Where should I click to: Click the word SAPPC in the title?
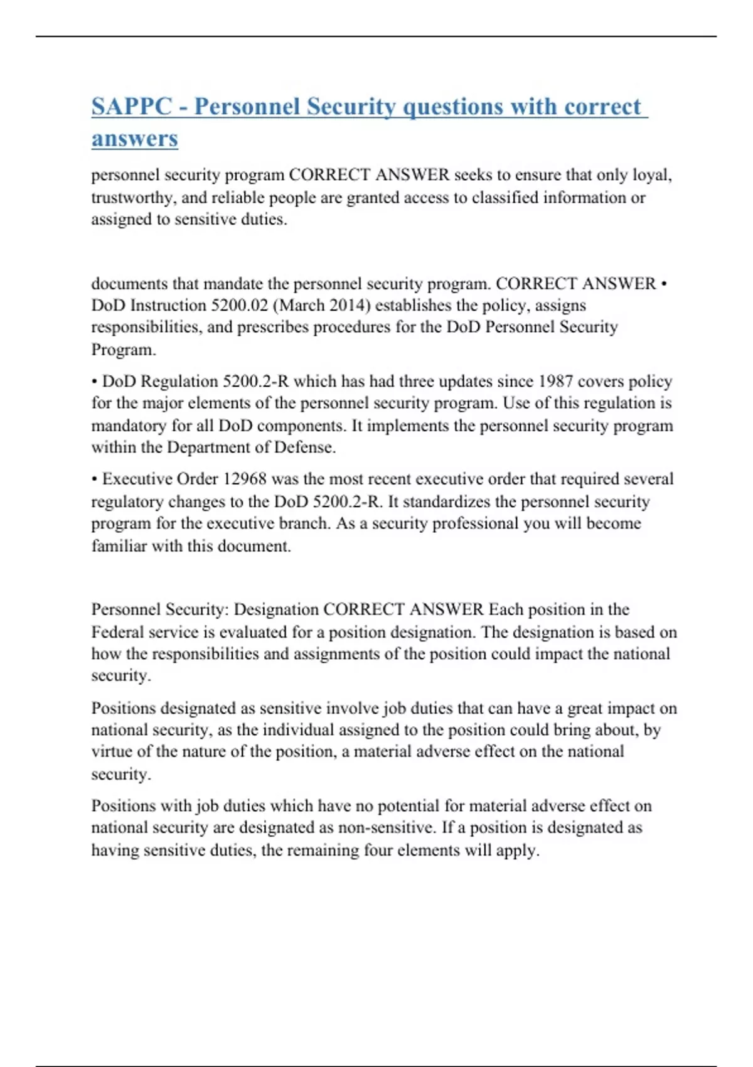pos(131,107)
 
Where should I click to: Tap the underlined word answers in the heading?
pos(134,138)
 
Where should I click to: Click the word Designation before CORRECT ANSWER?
pos(276,609)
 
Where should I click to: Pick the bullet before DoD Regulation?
pos(95,382)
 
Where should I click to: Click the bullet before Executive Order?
pos(95,480)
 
